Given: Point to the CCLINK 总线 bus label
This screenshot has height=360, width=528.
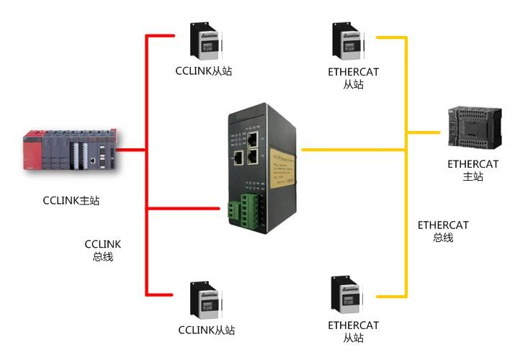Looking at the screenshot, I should (103, 251).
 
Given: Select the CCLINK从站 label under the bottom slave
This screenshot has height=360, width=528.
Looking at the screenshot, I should (206, 330).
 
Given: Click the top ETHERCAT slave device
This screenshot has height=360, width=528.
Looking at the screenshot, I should (346, 42).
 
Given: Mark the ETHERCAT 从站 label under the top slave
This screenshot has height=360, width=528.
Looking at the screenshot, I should (353, 78).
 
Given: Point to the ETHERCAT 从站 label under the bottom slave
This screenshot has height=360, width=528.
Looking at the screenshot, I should (353, 331).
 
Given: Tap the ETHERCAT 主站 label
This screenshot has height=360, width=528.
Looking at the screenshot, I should (473, 171).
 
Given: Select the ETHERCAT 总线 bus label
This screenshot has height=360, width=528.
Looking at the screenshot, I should (443, 231).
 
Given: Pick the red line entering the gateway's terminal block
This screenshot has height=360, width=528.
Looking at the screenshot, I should (184, 210).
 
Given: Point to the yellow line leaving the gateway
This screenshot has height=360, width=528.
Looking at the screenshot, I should (353, 150).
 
